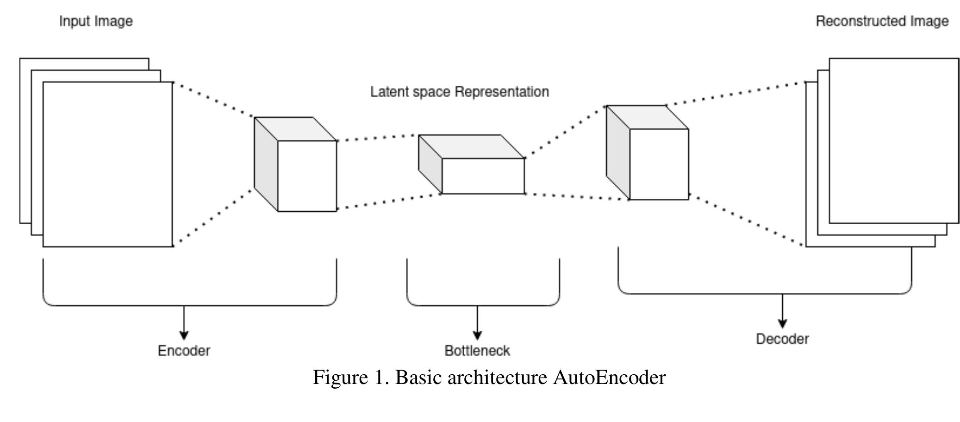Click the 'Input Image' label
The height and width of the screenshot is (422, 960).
coord(96,21)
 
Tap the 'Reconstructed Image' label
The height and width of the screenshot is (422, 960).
coord(882,21)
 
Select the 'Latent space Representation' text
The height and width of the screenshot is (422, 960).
coord(459,92)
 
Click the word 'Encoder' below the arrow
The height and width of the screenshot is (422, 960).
coord(184,351)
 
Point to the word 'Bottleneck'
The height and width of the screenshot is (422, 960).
coord(477,351)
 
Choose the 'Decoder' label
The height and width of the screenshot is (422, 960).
coord(782,339)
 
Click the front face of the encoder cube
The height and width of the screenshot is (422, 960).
coord(307,176)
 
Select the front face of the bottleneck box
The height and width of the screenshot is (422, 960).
coord(483,176)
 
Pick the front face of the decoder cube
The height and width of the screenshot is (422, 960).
coord(659,164)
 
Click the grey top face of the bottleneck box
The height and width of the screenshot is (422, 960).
coord(471,146)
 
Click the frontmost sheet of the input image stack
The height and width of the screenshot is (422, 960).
coord(107,164)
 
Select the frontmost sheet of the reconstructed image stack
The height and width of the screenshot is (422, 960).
coord(893,140)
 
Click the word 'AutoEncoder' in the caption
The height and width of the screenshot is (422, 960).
coord(609,378)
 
